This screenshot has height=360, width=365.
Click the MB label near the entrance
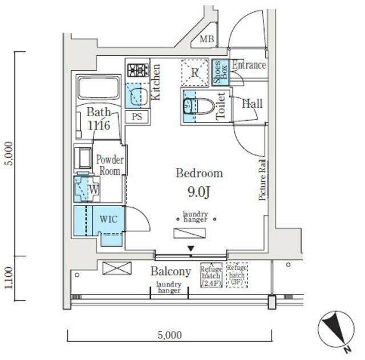(x=206, y=39)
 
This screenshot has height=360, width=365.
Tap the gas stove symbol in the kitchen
(x=138, y=70)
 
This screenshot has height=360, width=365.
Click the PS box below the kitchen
(x=137, y=117)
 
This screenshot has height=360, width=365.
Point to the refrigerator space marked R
(x=195, y=73)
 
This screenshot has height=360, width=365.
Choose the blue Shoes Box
(x=220, y=72)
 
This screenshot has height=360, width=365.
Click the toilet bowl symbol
(x=199, y=107)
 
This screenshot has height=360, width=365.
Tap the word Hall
(x=252, y=104)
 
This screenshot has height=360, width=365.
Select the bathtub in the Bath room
(x=99, y=88)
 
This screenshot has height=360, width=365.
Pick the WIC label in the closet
(x=108, y=219)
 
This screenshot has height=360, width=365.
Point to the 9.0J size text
(x=199, y=192)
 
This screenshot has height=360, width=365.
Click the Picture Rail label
(x=262, y=180)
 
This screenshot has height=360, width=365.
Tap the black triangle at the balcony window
(x=191, y=248)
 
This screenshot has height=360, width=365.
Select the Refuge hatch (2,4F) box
(x=212, y=275)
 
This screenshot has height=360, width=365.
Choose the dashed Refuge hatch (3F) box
(x=237, y=275)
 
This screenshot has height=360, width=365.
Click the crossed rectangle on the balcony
(x=117, y=268)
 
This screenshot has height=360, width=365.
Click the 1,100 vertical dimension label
(x=9, y=277)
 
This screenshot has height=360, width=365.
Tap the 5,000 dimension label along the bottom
(x=170, y=335)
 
